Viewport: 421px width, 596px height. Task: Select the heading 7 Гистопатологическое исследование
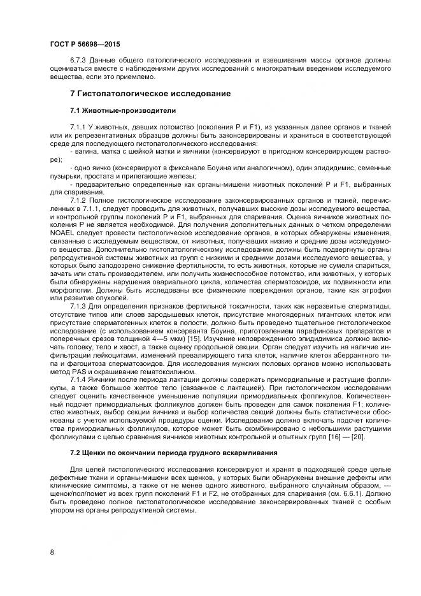point(141,94)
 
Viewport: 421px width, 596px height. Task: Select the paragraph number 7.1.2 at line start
point(80,201)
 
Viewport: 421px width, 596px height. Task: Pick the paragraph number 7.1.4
point(80,379)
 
